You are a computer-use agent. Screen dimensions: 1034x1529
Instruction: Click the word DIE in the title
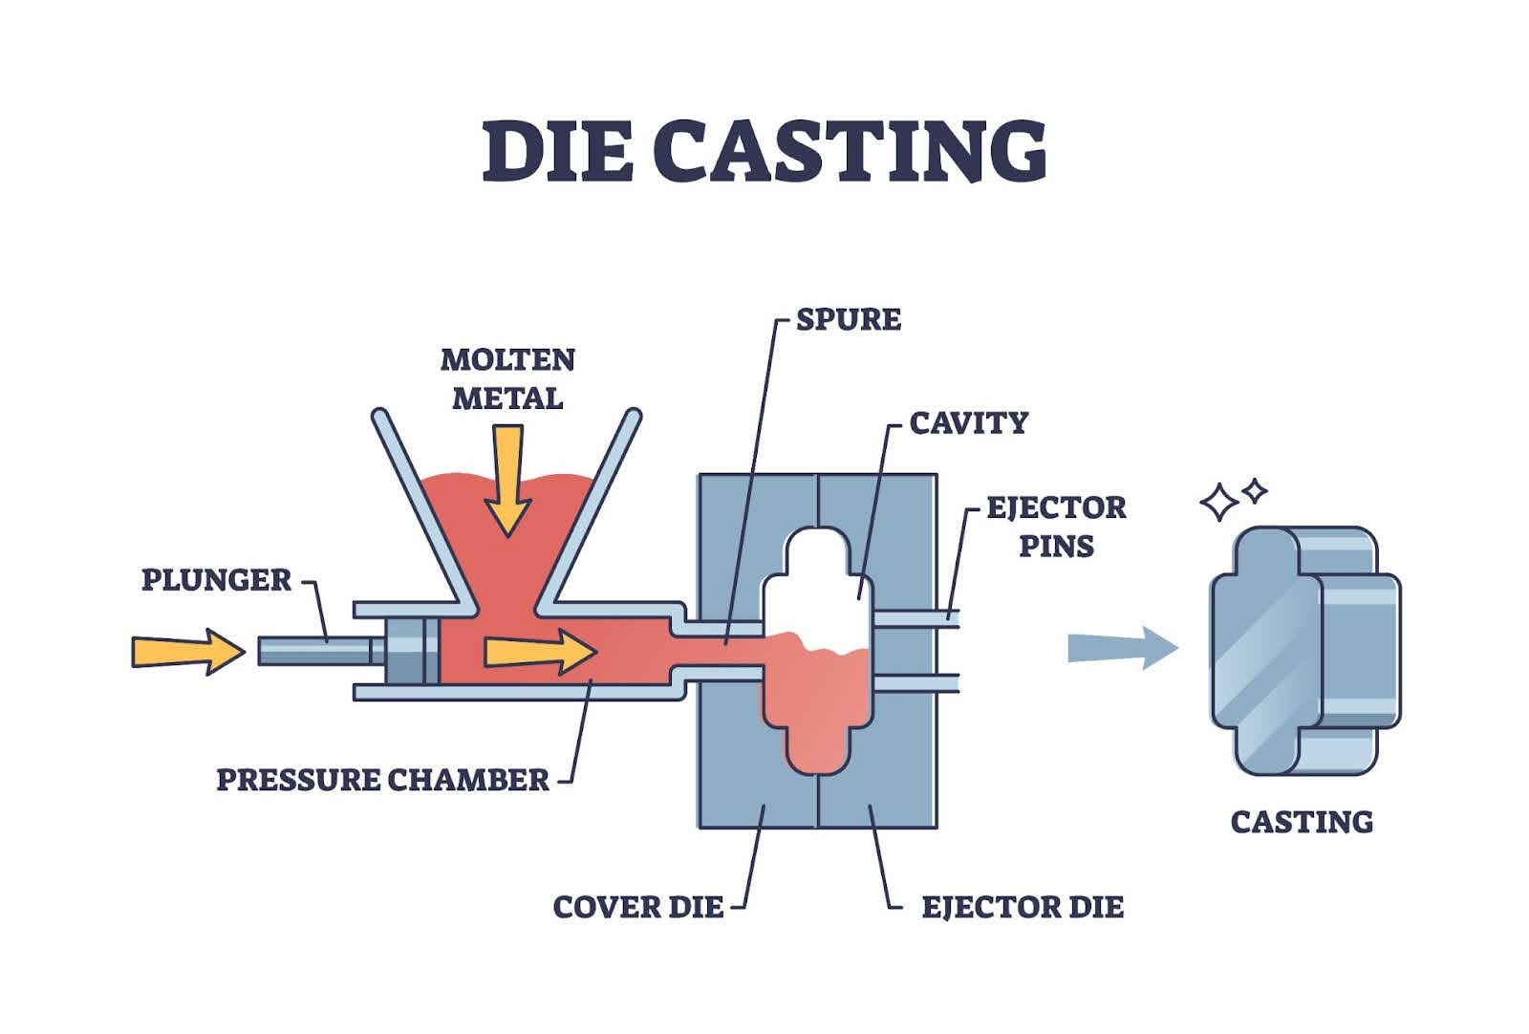pyautogui.click(x=556, y=151)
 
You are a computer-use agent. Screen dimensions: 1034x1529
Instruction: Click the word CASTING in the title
pyautogui.click(x=850, y=151)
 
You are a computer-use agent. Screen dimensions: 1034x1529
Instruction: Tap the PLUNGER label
pyautogui.click(x=216, y=580)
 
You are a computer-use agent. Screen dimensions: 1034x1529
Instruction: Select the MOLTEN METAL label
pyautogui.click(x=507, y=378)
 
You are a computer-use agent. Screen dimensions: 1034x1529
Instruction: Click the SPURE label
pyautogui.click(x=849, y=319)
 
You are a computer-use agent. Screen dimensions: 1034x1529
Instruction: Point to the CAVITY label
pyautogui.click(x=968, y=422)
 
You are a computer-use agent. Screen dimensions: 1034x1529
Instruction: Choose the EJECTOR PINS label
pyautogui.click(x=1056, y=526)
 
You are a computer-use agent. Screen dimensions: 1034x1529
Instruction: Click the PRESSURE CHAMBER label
pyautogui.click(x=383, y=780)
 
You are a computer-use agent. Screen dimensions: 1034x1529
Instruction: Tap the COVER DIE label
pyautogui.click(x=638, y=907)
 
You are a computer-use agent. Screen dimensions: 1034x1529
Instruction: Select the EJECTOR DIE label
pyautogui.click(x=1023, y=907)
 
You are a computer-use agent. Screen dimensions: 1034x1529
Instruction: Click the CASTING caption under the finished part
pyautogui.click(x=1302, y=822)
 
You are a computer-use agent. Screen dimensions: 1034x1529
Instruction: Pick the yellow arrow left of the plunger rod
pyautogui.click(x=187, y=652)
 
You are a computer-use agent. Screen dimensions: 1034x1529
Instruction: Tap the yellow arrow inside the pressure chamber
pyautogui.click(x=540, y=652)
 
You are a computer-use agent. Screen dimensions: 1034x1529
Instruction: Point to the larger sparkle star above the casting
pyautogui.click(x=1219, y=502)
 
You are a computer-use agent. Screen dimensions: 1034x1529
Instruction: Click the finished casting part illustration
pyautogui.click(x=1304, y=650)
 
